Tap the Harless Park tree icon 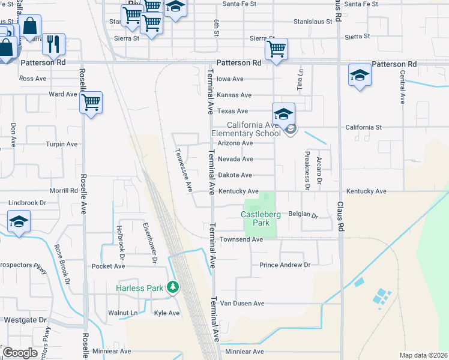(173, 288)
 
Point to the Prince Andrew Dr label (285, 265)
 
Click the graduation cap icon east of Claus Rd (359, 75)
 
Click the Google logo (20, 353)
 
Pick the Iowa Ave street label (230, 79)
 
